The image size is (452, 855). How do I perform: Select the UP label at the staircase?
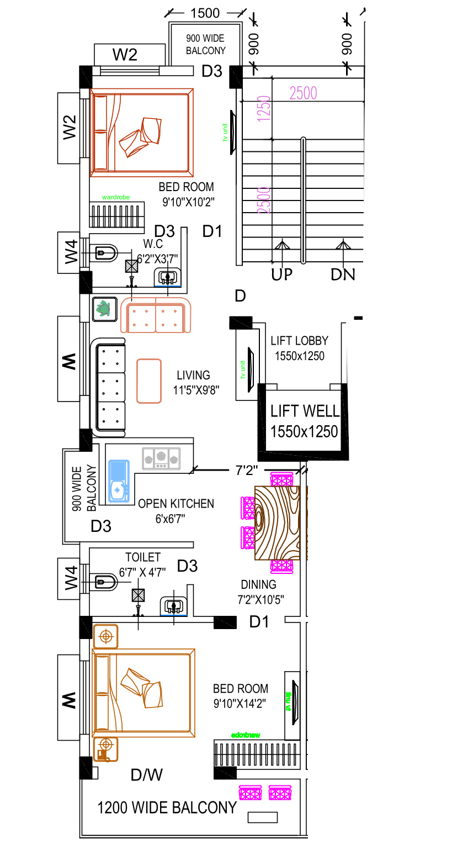click(281, 274)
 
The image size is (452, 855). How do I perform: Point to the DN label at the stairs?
click(343, 274)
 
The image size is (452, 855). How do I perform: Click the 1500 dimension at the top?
click(205, 13)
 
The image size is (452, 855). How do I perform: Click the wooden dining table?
click(281, 522)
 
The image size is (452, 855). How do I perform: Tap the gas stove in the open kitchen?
click(161, 458)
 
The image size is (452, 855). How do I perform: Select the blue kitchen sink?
click(118, 481)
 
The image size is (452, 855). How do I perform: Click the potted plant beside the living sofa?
click(103, 309)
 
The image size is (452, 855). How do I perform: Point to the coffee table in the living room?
click(149, 381)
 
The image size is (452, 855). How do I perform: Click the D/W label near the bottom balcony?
click(147, 775)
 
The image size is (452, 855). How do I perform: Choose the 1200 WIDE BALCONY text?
click(167, 807)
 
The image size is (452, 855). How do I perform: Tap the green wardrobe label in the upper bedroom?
click(116, 197)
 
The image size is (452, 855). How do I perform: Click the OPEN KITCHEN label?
click(176, 504)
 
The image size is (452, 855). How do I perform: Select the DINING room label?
click(258, 584)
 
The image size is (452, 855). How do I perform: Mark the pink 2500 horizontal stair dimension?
click(304, 93)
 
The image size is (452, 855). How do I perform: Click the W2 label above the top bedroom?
click(125, 55)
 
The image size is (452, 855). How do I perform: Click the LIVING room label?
click(193, 376)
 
